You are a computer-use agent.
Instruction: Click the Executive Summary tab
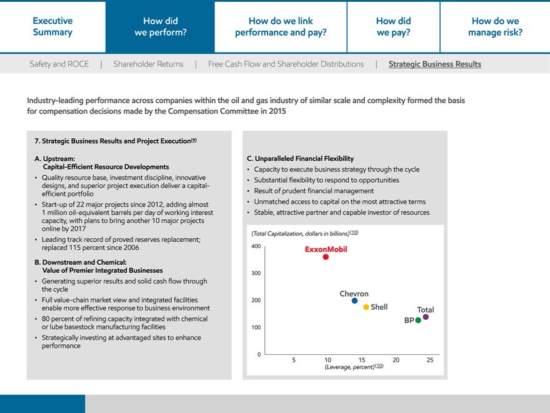coord(52,26)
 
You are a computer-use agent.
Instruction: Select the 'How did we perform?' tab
coord(160,26)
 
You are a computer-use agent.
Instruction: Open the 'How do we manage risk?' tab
coord(495,26)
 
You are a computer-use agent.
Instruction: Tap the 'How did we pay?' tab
coord(393,26)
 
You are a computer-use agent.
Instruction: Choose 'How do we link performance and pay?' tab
coord(281,26)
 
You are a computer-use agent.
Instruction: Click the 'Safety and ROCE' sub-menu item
coord(59,64)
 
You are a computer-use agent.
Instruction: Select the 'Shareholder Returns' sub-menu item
coord(148,64)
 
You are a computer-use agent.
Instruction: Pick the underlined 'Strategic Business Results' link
coord(434,64)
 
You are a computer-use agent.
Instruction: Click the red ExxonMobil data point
coord(326,257)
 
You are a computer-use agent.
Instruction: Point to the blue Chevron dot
coord(354,301)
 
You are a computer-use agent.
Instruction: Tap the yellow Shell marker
coord(366,307)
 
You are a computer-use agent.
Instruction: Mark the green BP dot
coord(418,320)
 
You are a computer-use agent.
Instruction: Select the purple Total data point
coord(426,317)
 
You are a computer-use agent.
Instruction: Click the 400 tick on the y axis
coord(256,247)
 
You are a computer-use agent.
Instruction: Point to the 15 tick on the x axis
coord(361,360)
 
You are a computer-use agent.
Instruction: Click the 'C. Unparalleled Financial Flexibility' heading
coord(300,158)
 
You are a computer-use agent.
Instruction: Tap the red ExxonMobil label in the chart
coord(326,249)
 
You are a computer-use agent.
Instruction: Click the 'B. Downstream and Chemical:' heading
coord(81,262)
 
